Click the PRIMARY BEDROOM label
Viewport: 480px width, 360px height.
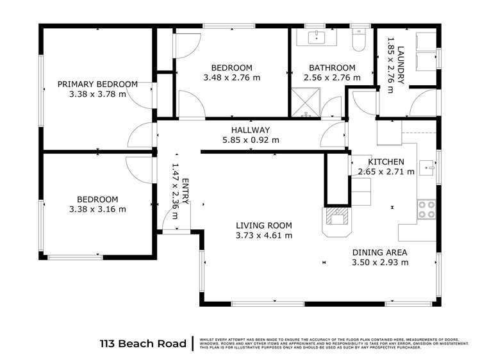click(97, 84)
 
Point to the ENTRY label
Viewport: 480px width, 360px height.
click(185, 190)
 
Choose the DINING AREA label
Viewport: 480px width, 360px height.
click(379, 252)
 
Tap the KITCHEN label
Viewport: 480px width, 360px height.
click(385, 161)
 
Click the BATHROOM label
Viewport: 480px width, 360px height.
click(332, 68)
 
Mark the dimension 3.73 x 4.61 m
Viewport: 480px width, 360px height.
click(263, 235)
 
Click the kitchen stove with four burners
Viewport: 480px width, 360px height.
click(426, 209)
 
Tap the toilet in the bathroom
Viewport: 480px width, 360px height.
click(359, 40)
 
